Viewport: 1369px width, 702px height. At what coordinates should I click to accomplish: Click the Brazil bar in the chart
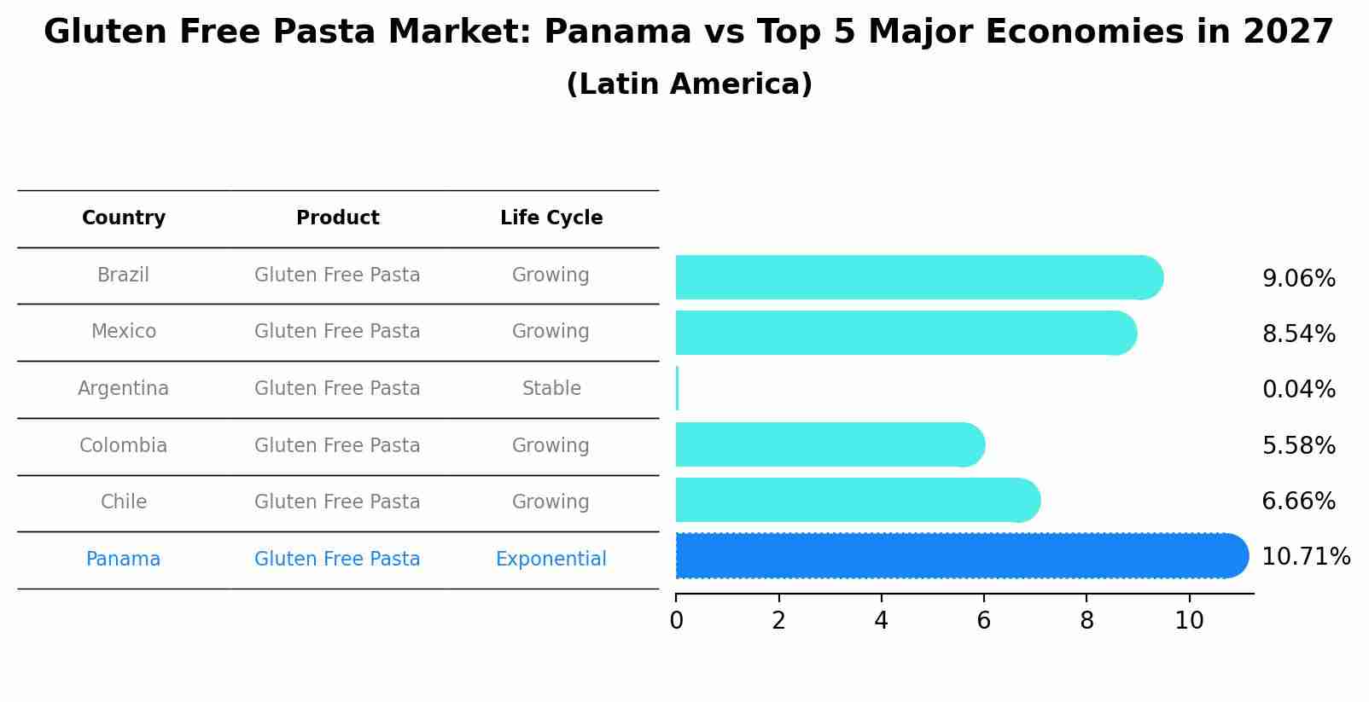[918, 277]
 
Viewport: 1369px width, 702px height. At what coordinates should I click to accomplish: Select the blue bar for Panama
[960, 556]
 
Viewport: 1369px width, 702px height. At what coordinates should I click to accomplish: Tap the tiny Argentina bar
[678, 389]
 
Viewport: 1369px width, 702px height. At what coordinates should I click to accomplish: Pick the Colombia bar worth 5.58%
[828, 444]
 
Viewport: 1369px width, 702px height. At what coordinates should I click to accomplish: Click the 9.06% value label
[1298, 279]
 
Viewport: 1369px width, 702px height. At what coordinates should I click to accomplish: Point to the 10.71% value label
[1305, 557]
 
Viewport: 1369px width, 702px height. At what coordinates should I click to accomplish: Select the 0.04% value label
[1298, 390]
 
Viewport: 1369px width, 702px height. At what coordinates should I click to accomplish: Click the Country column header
[124, 218]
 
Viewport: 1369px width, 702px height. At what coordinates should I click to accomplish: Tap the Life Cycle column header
[551, 218]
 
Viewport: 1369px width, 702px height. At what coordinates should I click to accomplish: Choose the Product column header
[338, 218]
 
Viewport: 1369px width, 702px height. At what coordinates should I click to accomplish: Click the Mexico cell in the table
[124, 332]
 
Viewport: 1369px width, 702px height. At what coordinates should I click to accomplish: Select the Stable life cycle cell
[551, 389]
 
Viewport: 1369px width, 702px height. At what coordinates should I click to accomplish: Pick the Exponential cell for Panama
[551, 560]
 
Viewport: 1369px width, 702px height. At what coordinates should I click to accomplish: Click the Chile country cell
[124, 502]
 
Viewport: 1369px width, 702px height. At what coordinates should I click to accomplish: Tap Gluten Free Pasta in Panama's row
[337, 560]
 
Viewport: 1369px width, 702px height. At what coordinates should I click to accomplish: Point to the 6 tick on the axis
[984, 621]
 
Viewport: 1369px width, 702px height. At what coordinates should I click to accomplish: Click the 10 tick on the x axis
[1189, 621]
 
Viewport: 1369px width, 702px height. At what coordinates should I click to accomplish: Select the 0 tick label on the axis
[677, 621]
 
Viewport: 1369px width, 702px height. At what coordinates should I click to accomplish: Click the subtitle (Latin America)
[689, 84]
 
